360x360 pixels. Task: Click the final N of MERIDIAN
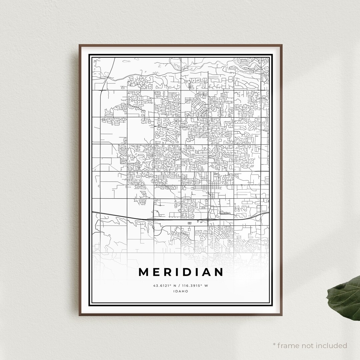click(218, 272)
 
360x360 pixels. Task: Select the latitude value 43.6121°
click(162, 286)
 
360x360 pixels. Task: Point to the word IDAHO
click(181, 291)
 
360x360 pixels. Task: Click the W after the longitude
click(206, 286)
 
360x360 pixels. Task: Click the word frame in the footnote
click(287, 345)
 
